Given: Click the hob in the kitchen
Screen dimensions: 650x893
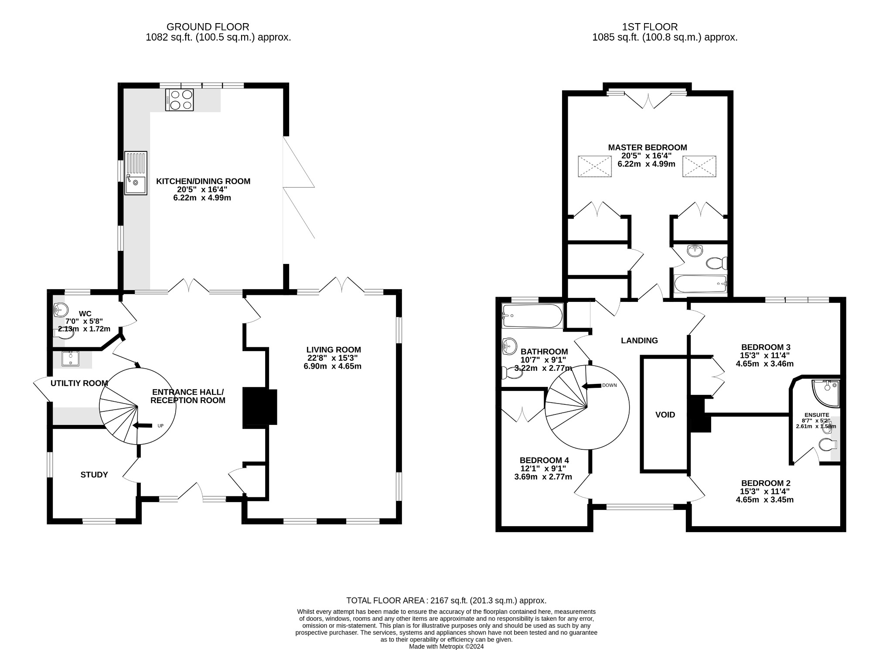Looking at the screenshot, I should click(x=179, y=99).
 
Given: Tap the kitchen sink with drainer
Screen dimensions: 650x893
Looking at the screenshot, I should click(x=136, y=173).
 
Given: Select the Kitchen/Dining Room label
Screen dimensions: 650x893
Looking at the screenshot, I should click(x=203, y=181).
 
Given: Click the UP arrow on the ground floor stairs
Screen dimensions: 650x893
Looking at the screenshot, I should click(x=142, y=425).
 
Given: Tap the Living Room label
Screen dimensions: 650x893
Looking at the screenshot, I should click(x=334, y=349).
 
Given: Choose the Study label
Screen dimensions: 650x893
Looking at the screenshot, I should click(x=94, y=475).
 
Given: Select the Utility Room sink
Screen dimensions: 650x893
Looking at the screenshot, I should click(x=70, y=359).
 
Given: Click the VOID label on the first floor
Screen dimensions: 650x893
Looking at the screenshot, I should click(x=665, y=415).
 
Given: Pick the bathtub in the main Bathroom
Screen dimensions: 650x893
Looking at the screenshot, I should click(x=532, y=316).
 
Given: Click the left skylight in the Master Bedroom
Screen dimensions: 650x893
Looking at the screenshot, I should click(x=595, y=166).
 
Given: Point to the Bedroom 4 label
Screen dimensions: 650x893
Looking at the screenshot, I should click(x=544, y=460).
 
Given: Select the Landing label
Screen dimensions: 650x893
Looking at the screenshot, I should click(x=639, y=341).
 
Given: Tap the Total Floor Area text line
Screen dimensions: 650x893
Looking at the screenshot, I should click(x=446, y=601).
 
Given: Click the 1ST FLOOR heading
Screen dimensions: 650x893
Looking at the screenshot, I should click(x=665, y=27).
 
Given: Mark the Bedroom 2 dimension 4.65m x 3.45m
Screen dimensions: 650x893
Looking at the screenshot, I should click(x=764, y=499).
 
